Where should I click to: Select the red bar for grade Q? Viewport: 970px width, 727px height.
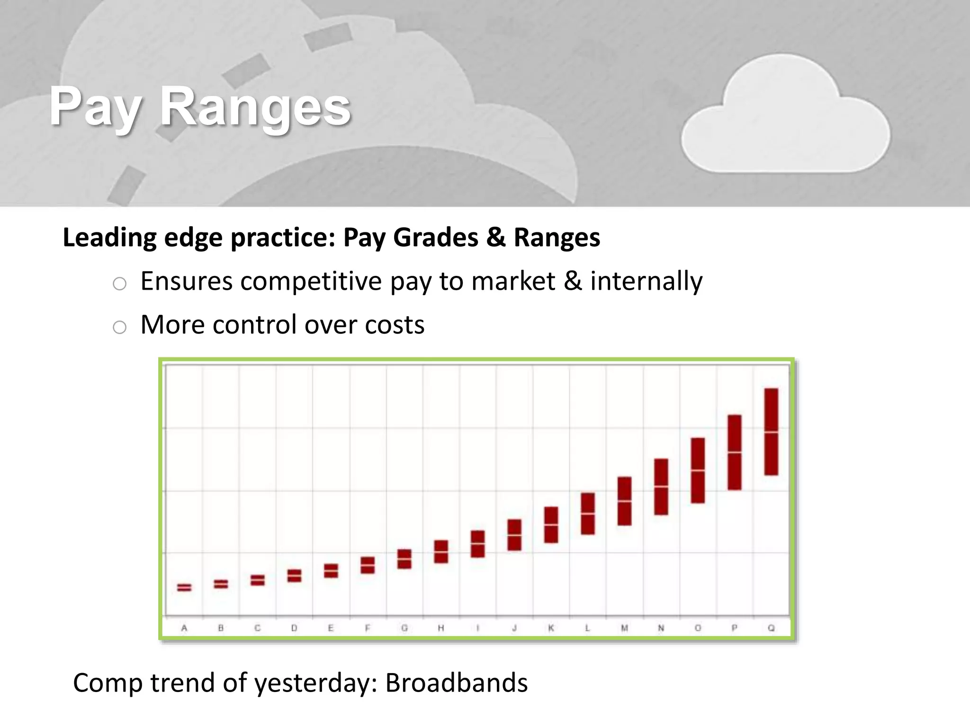tap(771, 432)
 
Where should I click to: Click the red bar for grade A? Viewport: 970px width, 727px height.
tap(184, 587)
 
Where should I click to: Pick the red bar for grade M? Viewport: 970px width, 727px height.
tap(624, 501)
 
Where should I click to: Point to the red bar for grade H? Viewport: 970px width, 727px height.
tap(441, 551)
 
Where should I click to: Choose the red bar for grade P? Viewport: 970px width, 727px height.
tap(734, 452)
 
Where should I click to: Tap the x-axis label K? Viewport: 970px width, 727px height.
tap(551, 628)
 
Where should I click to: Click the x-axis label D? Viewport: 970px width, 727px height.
tap(294, 628)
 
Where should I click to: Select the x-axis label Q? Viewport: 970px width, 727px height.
tap(771, 628)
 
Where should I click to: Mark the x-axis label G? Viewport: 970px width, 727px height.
tap(404, 628)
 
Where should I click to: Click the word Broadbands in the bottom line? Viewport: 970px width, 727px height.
tap(456, 683)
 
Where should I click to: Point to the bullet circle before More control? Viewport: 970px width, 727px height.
tap(119, 327)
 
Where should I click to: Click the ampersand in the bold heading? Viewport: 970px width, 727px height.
tap(495, 237)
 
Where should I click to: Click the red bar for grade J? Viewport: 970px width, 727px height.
tap(514, 535)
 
